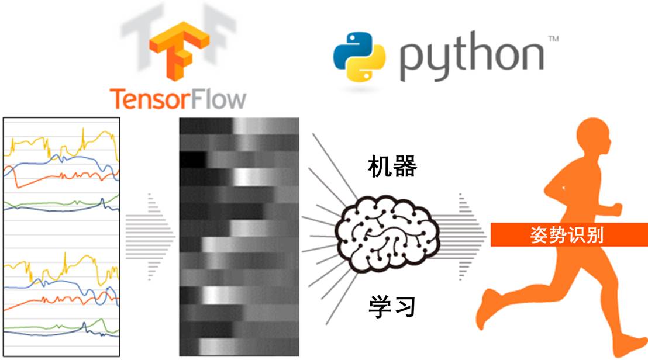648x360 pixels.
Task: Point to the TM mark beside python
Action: tap(552, 39)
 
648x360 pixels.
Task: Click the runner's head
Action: tap(592, 138)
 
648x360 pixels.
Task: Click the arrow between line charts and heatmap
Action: tap(149, 235)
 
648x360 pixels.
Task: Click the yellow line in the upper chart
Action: tap(35, 141)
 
